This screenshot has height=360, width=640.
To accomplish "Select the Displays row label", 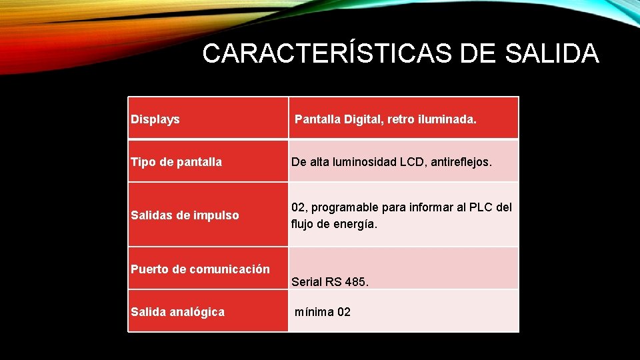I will pos(155,120).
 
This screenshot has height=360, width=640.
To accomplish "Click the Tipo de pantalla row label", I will pos(177,162).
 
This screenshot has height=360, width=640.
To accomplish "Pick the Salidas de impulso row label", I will pos(185,215).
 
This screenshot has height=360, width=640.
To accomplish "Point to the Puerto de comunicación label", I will pos(201,269).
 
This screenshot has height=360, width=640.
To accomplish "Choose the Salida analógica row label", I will pos(178,312).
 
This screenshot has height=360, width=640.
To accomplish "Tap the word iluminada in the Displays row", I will pos(446,120).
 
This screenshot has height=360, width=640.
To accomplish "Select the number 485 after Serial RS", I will pos(356,282).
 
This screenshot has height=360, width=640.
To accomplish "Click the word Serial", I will pos(307,282).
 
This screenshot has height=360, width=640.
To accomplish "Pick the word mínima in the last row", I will pos(315,312).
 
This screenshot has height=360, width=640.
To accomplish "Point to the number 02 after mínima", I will pos(344,312).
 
